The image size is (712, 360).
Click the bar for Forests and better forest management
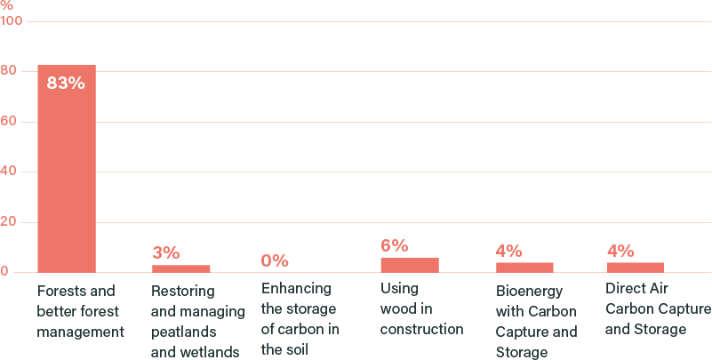[x=66, y=169]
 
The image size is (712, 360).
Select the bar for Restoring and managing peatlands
[x=180, y=268]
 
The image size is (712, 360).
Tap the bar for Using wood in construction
[x=409, y=265]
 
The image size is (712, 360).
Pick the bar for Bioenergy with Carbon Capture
[x=524, y=267]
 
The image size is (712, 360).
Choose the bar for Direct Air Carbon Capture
[x=635, y=267]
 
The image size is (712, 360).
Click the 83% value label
[x=65, y=84]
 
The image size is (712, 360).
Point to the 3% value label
[x=165, y=253]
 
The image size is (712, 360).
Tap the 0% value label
[x=275, y=260]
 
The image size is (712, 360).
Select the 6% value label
[x=394, y=246]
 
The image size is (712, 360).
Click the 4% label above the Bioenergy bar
[x=508, y=251]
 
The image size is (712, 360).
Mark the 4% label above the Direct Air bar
[x=620, y=251]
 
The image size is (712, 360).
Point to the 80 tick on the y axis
[x=9, y=71]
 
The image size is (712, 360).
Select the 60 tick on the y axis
[x=9, y=122]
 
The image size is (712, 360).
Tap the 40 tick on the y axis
[x=9, y=172]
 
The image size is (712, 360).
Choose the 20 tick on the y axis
[x=9, y=222]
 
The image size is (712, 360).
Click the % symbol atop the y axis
[x=6, y=5]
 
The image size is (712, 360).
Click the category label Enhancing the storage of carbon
[x=298, y=319]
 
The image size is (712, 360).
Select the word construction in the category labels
[x=421, y=329]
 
